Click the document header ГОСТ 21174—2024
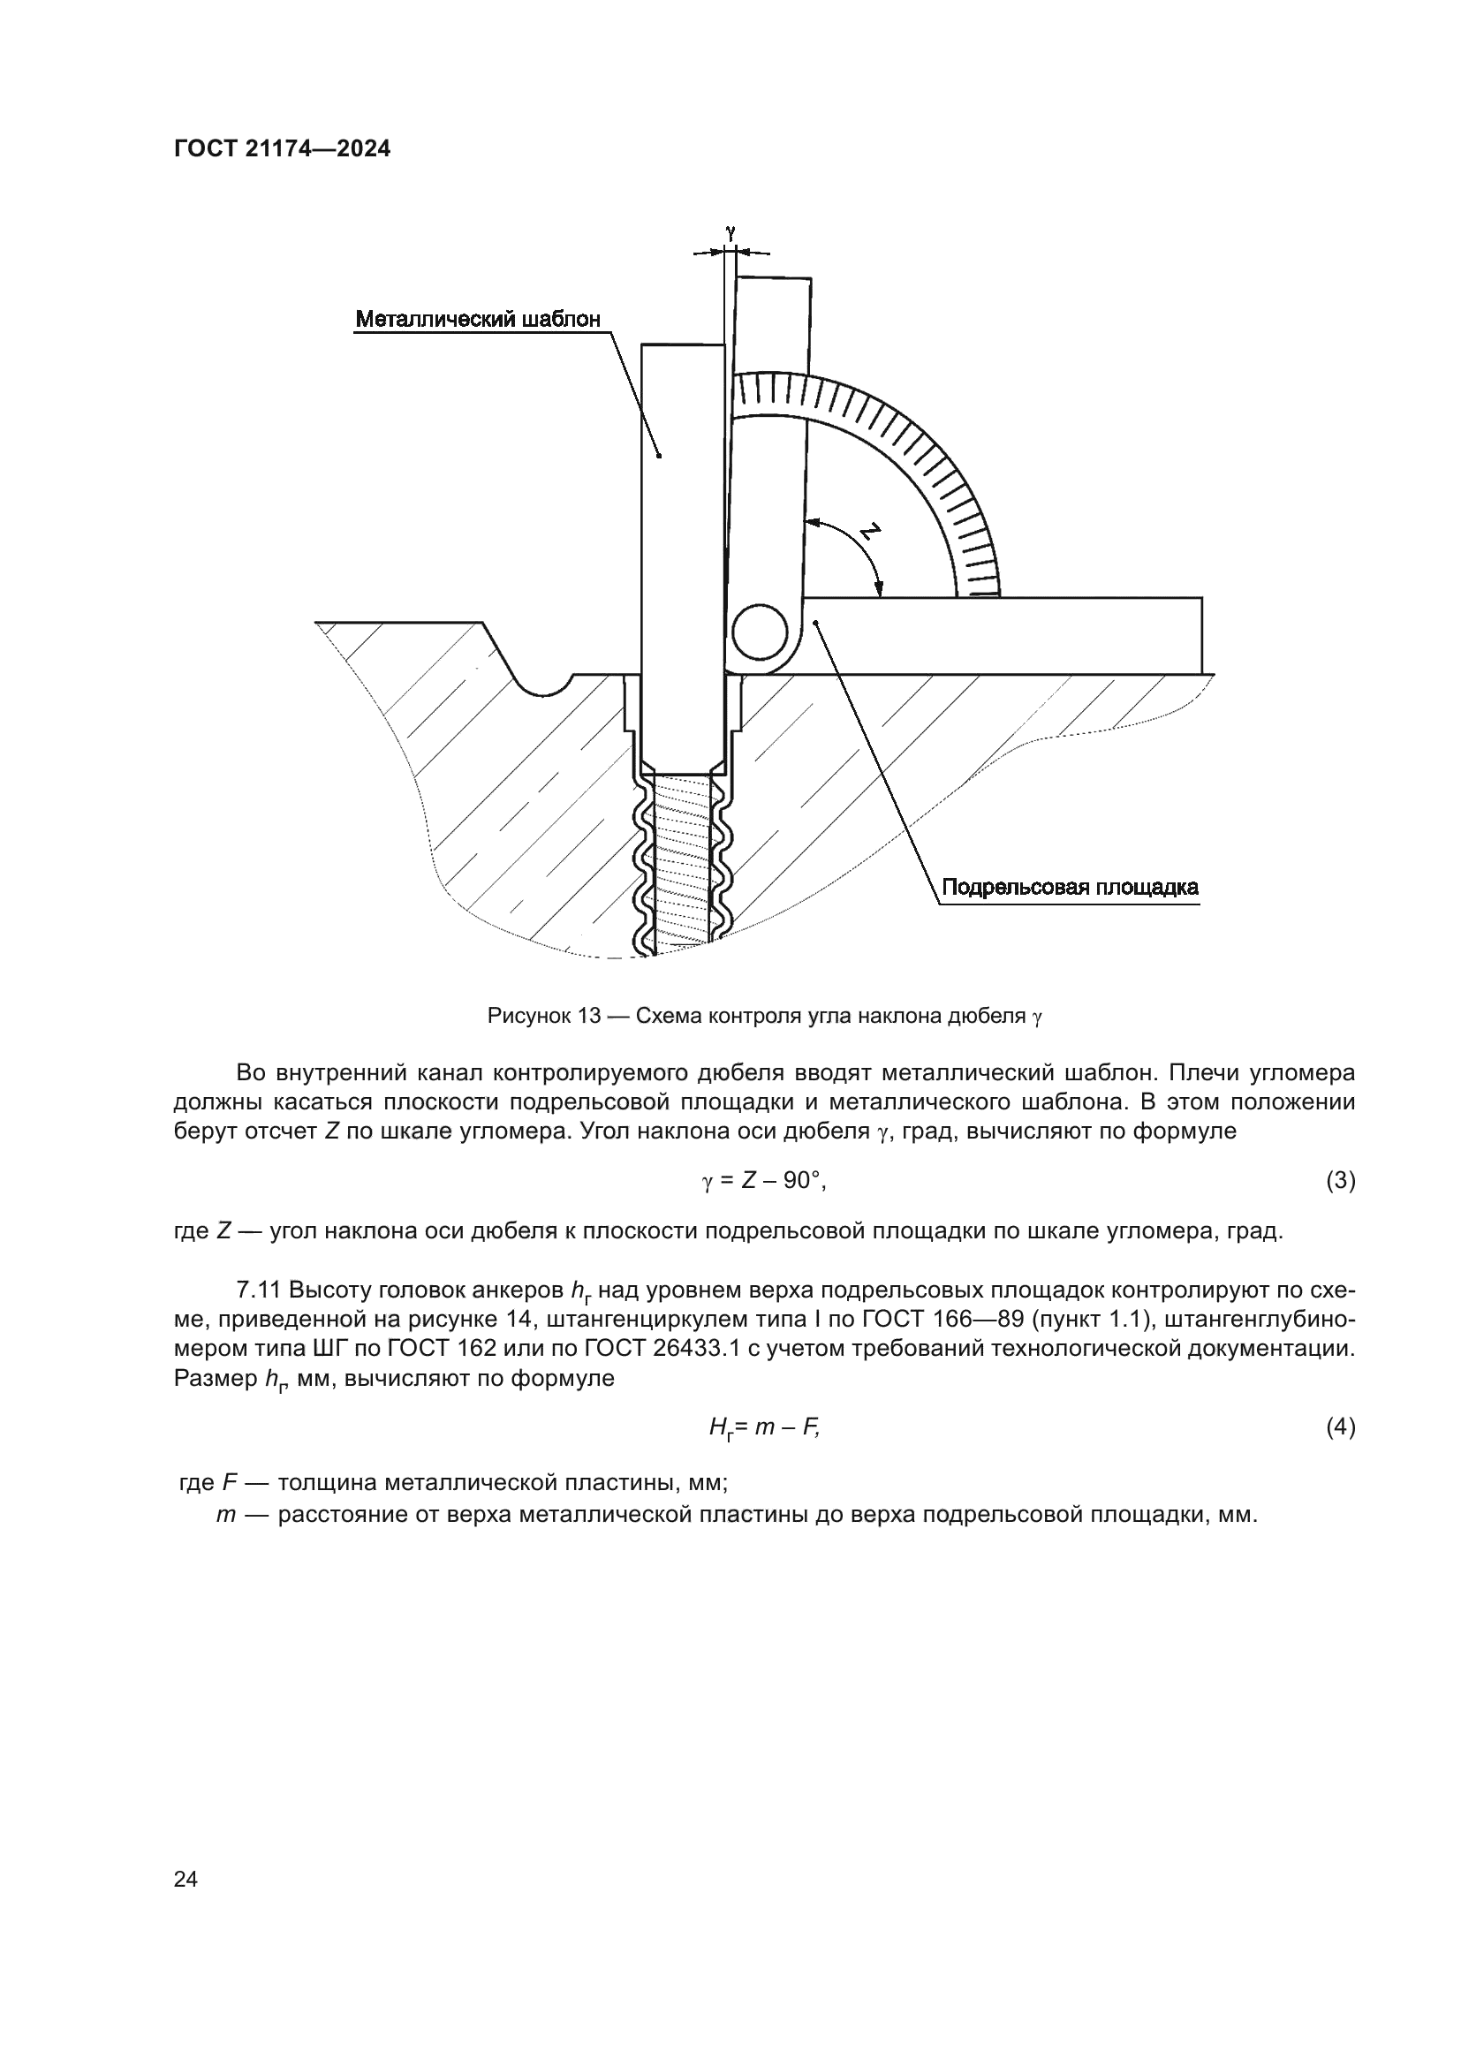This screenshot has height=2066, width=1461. pos(282,149)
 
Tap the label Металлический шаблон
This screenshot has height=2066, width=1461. pos(478,319)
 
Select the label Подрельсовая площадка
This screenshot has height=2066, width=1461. pos(1070,887)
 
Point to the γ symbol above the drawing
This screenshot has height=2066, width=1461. pos(730,231)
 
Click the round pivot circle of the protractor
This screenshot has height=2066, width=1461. pos(760,632)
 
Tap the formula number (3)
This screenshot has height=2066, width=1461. pos(1341,1181)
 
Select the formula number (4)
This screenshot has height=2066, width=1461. pos(1341,1427)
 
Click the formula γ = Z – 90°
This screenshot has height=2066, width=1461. pos(763,1181)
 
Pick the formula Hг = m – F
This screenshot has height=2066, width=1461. pos(764,1427)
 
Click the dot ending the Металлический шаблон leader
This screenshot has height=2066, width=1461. pos(660,456)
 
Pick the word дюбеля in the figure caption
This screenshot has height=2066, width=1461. pos(988,1017)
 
